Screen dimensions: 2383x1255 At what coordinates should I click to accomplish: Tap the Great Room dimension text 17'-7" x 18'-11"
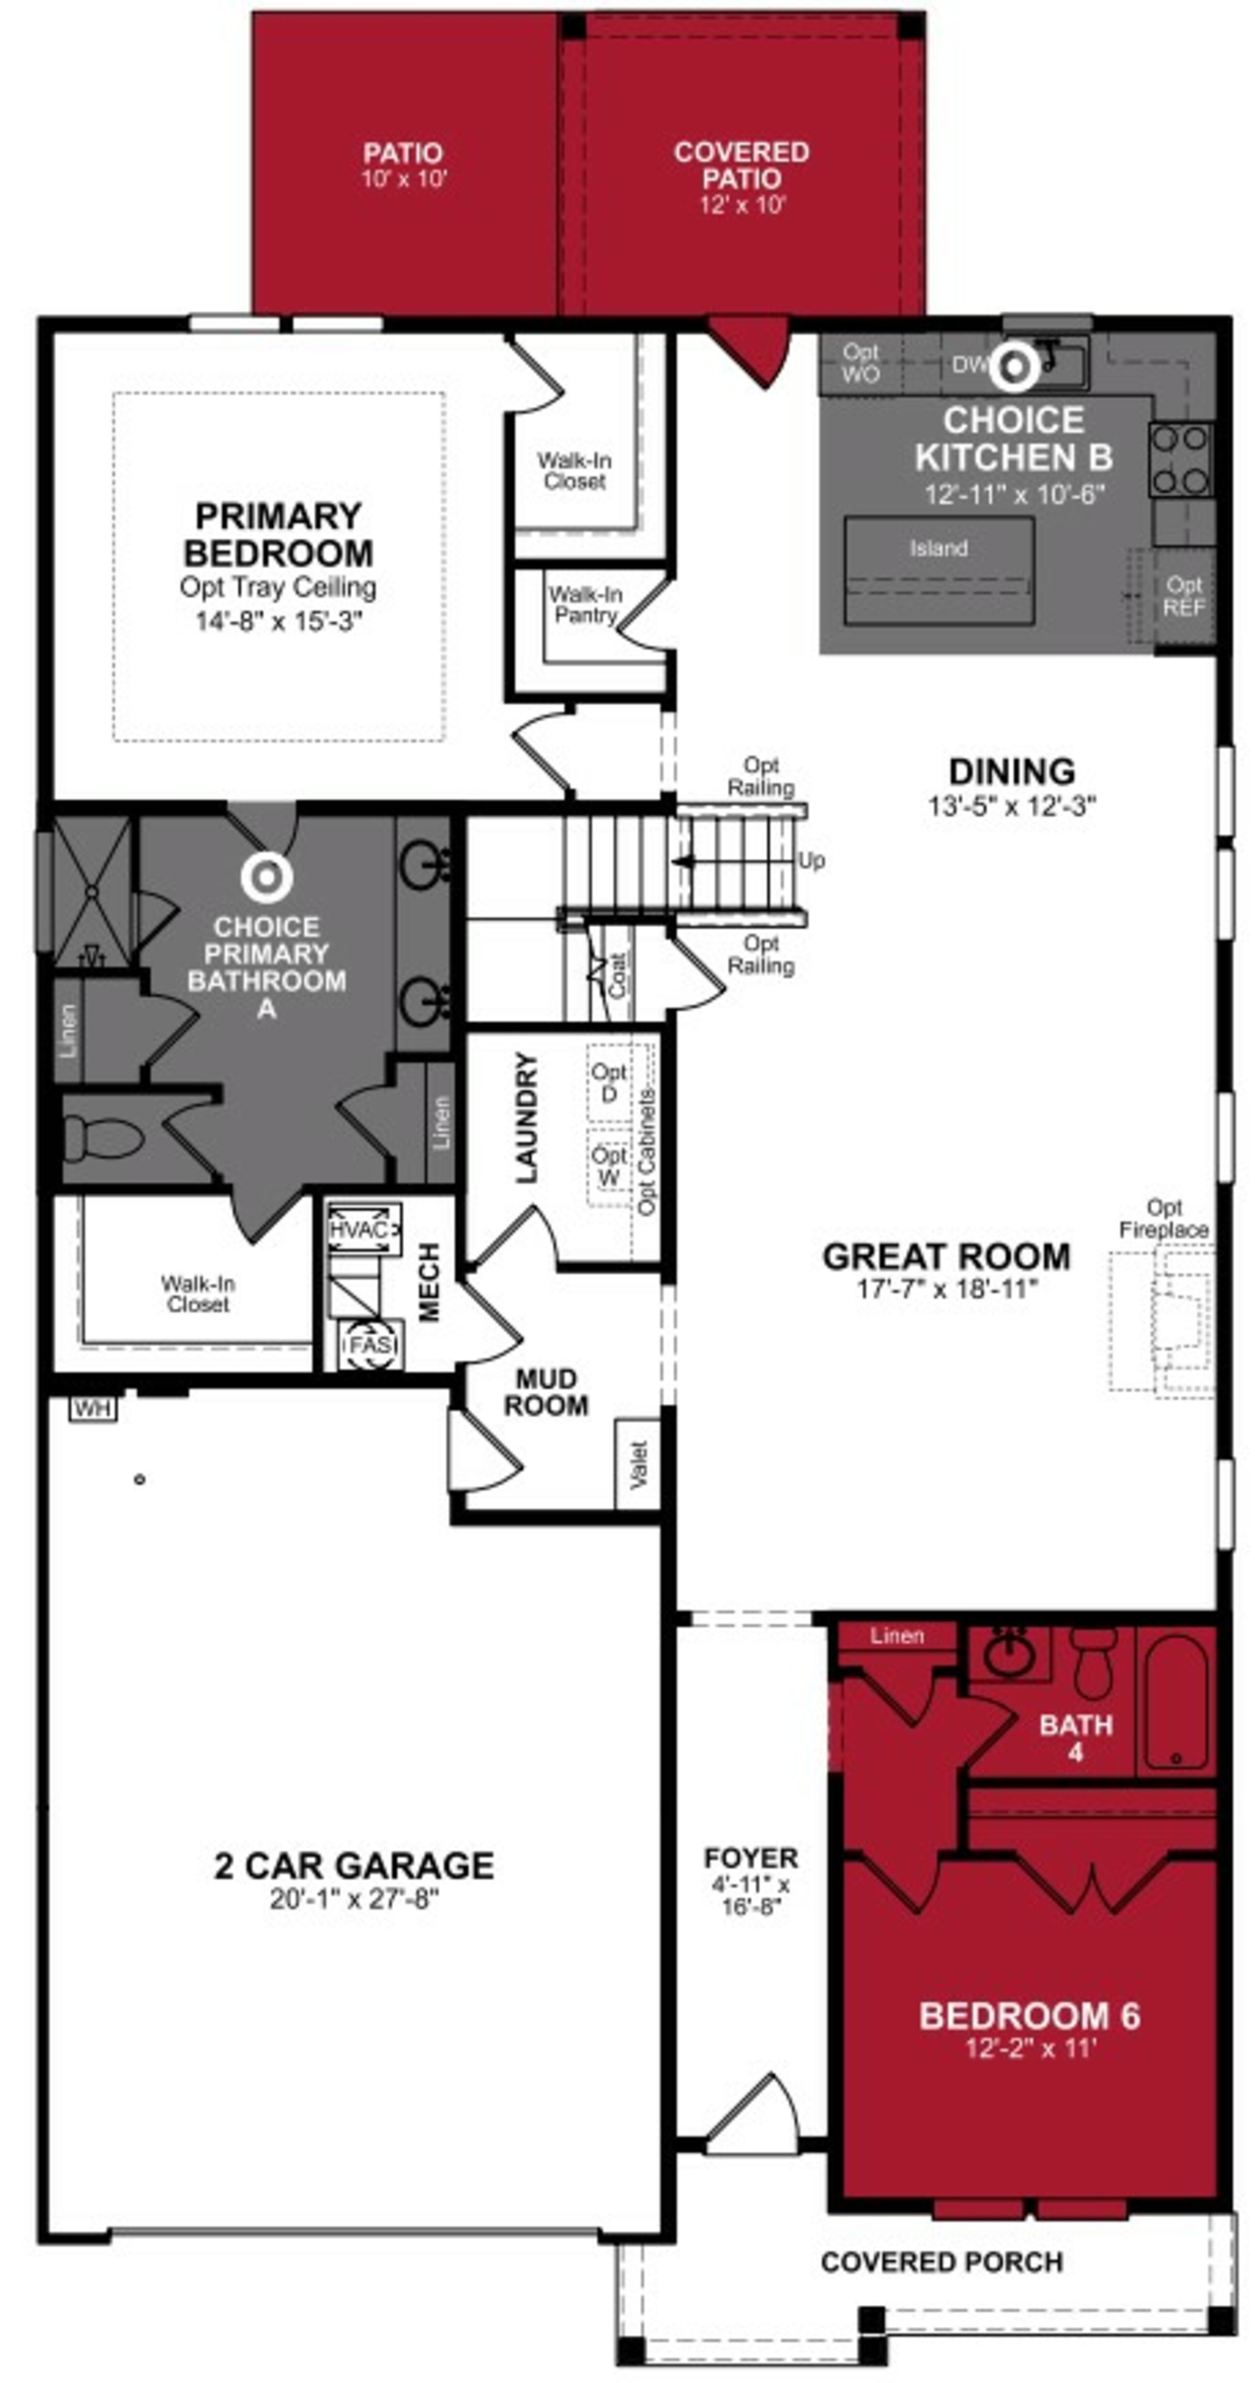pos(946,1289)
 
